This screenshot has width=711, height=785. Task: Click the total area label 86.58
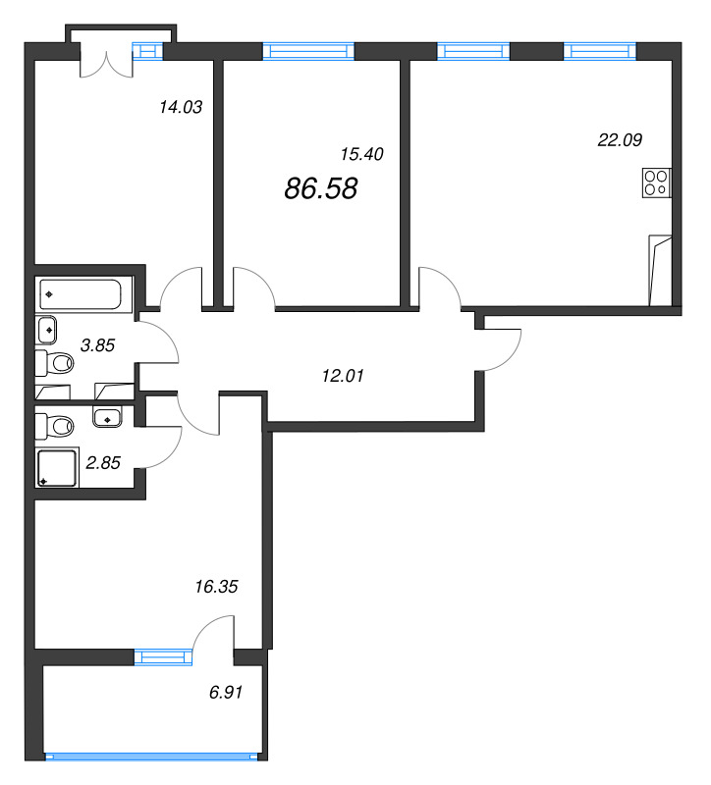coord(321,188)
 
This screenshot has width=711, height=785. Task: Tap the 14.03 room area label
coord(181,107)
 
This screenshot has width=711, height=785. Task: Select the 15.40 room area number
coord(361,154)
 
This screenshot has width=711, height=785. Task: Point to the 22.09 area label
coord(620,139)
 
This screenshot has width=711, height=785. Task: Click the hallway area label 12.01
coord(343,376)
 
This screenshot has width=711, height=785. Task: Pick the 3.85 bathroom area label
coord(97,345)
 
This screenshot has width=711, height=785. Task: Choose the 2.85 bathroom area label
coord(103,462)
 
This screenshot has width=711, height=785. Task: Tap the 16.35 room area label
coord(216,586)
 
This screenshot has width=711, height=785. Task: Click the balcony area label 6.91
coord(226,693)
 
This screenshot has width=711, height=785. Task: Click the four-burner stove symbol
coord(656,183)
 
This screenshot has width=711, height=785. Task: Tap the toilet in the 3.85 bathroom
coord(54,363)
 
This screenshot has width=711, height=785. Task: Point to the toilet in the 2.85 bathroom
coord(54,427)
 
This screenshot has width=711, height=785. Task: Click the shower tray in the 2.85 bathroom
coord(57,468)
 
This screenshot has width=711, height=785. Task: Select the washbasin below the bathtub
coord(45,330)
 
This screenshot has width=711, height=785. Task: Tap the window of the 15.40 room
coord(308,51)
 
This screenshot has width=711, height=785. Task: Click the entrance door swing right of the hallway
coord(499,350)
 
